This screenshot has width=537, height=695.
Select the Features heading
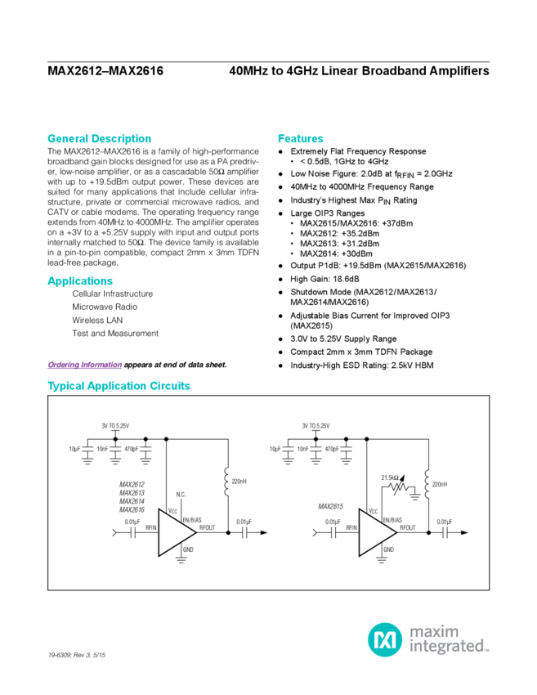pyautogui.click(x=301, y=138)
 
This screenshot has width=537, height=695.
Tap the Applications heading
pyautogui.click(x=79, y=281)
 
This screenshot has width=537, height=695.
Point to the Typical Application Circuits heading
pyautogui.click(x=119, y=385)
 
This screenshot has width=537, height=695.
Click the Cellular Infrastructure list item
pyautogui.click(x=112, y=293)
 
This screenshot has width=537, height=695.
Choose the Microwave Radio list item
pyautogui.click(x=104, y=307)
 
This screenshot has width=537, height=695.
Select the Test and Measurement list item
pyautogui.click(x=114, y=334)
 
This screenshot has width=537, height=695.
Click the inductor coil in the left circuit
pyautogui.click(x=225, y=482)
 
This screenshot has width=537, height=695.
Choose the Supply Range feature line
pyautogui.click(x=343, y=338)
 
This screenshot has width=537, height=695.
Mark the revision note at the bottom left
pyautogui.click(x=78, y=655)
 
